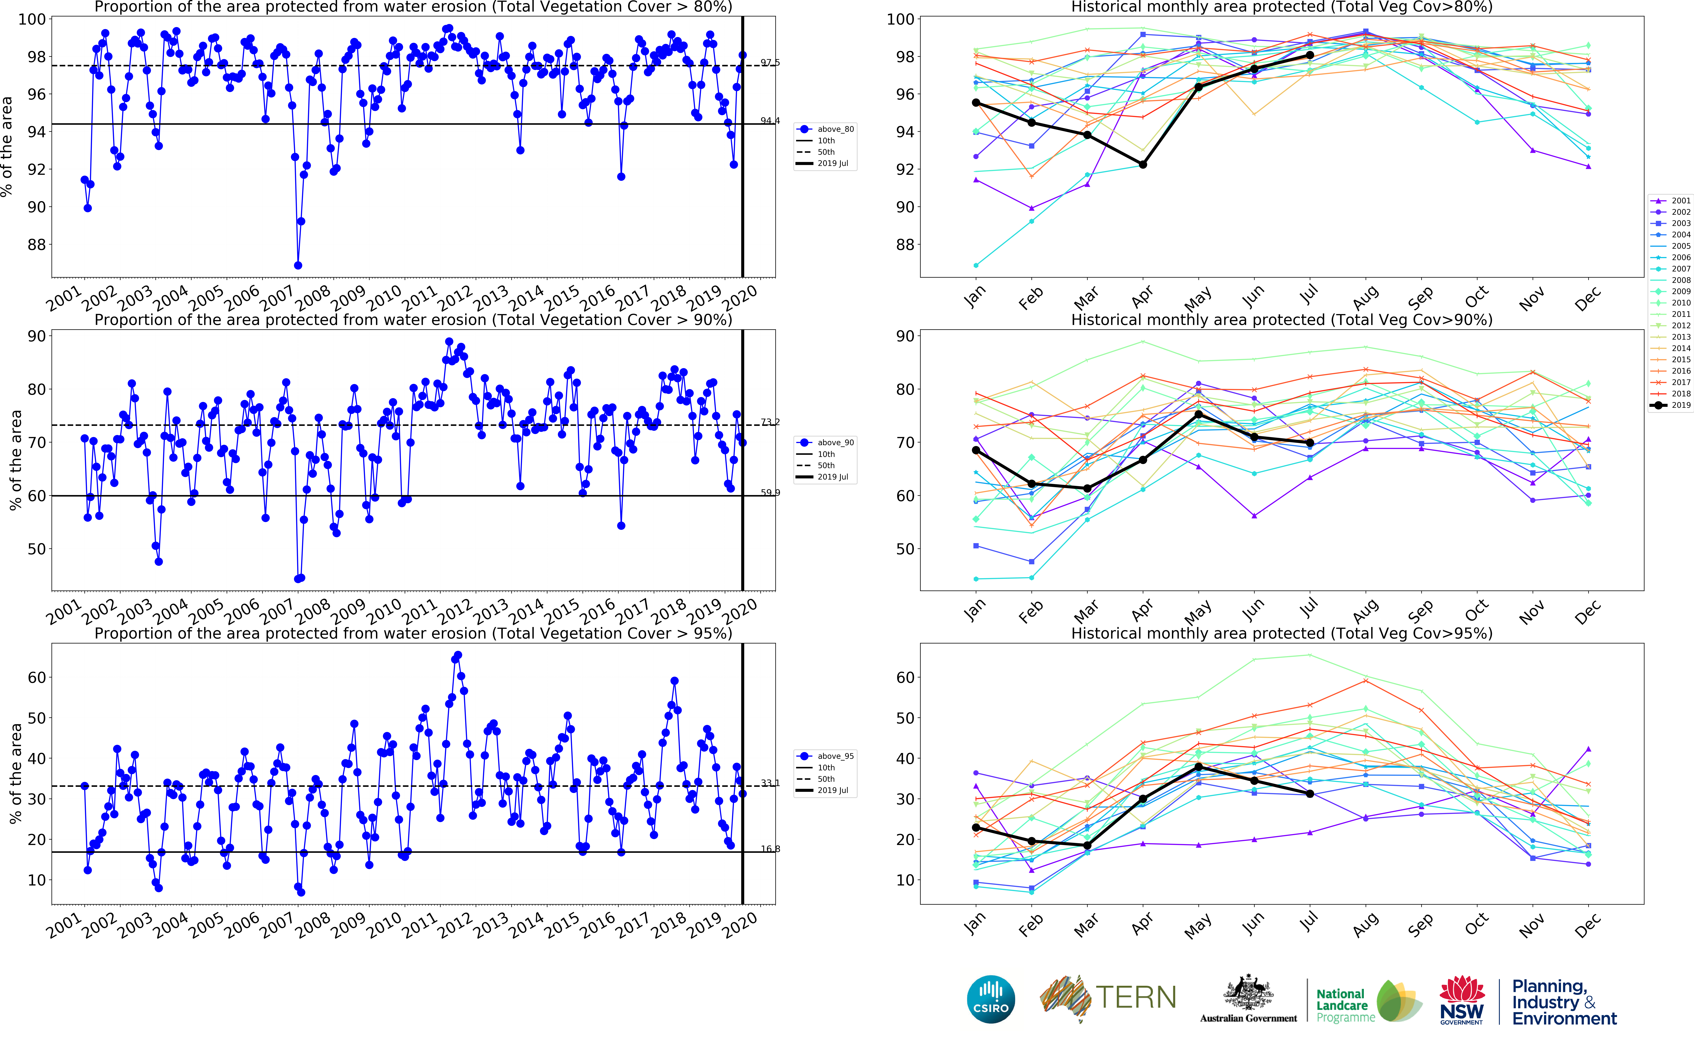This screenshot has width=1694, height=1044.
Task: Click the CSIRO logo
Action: pos(991,999)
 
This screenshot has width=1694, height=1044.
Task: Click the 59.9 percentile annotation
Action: pos(770,492)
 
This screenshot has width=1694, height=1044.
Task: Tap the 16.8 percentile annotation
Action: pos(770,849)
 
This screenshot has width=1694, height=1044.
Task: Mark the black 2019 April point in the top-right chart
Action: pos(1143,164)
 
